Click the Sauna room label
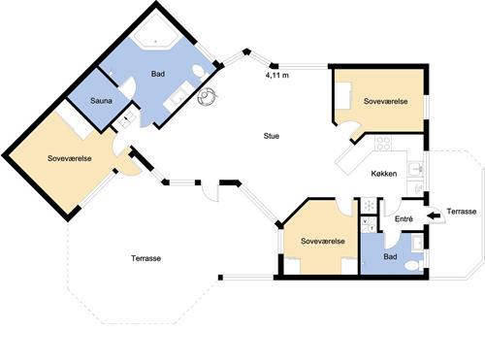101,101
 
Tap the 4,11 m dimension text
276,76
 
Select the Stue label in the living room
271,136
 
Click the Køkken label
384,174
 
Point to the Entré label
404,219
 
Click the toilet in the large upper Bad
199,72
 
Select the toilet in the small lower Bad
413,266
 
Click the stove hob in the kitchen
383,143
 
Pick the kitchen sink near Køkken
415,169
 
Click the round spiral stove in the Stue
207,96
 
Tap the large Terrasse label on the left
146,258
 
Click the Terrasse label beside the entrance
462,212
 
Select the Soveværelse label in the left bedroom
70,158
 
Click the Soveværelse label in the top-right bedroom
386,101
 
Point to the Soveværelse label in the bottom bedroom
323,241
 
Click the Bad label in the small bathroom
390,257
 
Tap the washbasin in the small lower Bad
417,243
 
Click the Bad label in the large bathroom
158,74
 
